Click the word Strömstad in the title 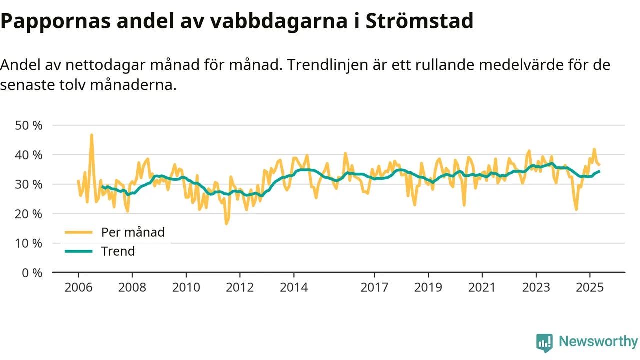(x=419, y=21)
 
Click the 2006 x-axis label (x=78, y=288)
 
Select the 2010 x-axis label (x=186, y=288)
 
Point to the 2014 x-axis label (x=294, y=288)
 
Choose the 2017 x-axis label (x=374, y=288)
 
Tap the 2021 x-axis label (x=482, y=288)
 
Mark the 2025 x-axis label (x=590, y=288)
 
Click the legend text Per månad (x=133, y=232)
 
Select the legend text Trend (x=118, y=251)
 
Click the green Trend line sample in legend (x=78, y=251)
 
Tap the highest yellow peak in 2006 (x=92, y=135)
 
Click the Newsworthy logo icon (x=544, y=343)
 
